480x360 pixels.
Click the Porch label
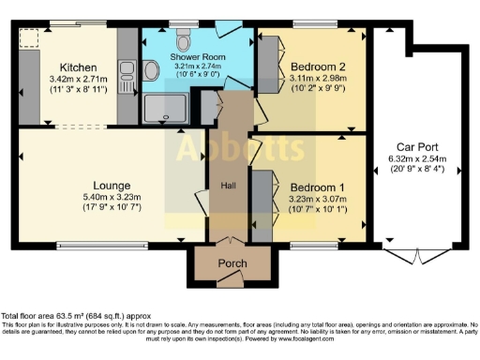coord(232,263)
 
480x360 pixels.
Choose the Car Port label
coord(417,147)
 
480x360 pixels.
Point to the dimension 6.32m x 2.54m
coord(417,159)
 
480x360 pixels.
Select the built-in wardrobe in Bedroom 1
coord(261,196)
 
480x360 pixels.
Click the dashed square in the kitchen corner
coord(30,38)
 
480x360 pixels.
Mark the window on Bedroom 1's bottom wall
coord(308,246)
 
